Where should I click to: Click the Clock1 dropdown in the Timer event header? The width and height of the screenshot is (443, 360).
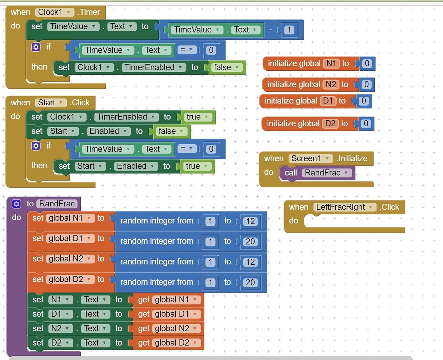54,12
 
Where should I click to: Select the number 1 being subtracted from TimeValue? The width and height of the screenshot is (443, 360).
289,30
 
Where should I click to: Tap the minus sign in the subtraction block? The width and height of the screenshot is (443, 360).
271,30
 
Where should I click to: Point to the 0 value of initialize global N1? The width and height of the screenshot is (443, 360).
367,63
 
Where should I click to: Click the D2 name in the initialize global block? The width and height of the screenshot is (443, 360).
330,124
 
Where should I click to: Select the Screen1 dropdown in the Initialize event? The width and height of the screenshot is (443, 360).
310,158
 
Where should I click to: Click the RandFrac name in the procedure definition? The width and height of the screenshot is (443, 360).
57,204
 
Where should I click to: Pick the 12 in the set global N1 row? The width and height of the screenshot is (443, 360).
250,221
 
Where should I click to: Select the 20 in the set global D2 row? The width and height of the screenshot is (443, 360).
250,282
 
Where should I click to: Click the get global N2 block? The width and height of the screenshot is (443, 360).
168,329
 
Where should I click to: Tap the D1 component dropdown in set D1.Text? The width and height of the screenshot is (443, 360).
61,314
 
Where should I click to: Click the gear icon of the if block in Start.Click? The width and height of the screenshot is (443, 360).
36,146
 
